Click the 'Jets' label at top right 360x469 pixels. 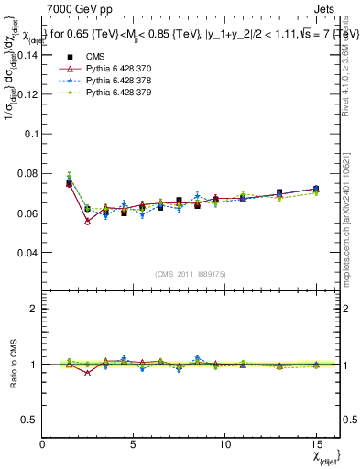[327, 8]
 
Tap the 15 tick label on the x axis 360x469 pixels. [316, 444]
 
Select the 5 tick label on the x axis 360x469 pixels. [134, 444]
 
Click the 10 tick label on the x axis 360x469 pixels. [224, 444]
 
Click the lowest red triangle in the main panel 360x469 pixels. [87, 222]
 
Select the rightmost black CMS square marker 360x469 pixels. [316, 189]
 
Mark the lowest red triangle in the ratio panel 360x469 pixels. [87, 373]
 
